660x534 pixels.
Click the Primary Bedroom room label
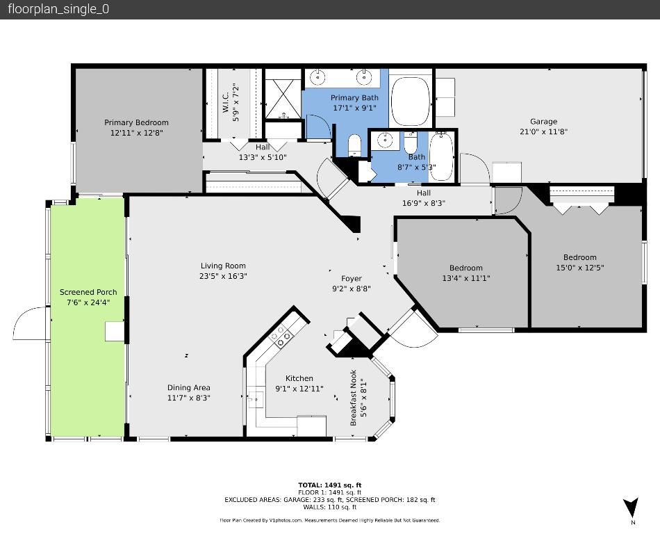(x=136, y=122)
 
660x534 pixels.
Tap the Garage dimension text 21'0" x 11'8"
(x=543, y=131)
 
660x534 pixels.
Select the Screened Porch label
(x=88, y=292)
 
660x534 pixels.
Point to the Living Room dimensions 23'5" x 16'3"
(x=223, y=276)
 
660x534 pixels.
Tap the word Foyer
(x=351, y=279)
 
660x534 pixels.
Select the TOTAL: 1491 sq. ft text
(x=329, y=485)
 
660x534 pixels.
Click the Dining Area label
(x=188, y=388)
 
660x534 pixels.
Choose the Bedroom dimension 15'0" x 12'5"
(x=579, y=268)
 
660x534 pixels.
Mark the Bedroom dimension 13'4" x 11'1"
(x=465, y=278)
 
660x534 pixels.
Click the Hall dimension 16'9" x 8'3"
(x=423, y=203)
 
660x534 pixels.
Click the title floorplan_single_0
(x=58, y=9)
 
